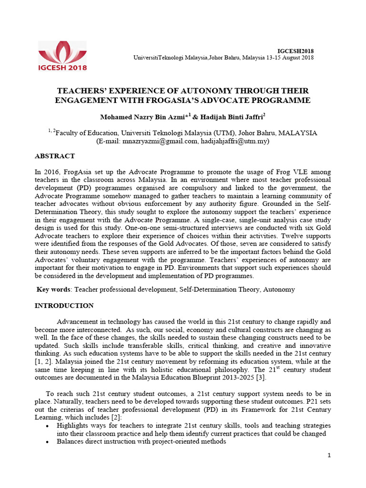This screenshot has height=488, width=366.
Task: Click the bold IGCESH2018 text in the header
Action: [295, 51]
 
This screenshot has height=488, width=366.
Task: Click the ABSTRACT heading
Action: [55, 156]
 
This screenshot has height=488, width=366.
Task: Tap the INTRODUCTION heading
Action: [64, 305]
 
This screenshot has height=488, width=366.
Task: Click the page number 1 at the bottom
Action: [329, 456]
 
